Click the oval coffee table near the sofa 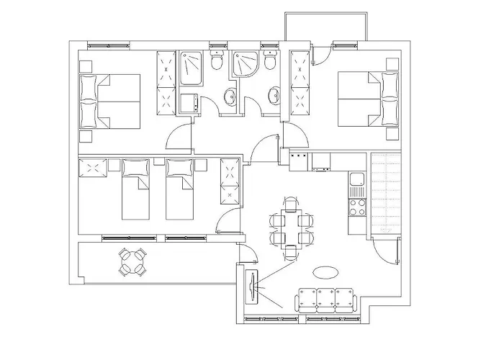[325, 272]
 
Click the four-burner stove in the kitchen [356, 207]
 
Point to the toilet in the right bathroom [270, 62]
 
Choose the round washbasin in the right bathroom [274, 94]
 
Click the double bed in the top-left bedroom [112, 101]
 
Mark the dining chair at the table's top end [290, 205]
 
